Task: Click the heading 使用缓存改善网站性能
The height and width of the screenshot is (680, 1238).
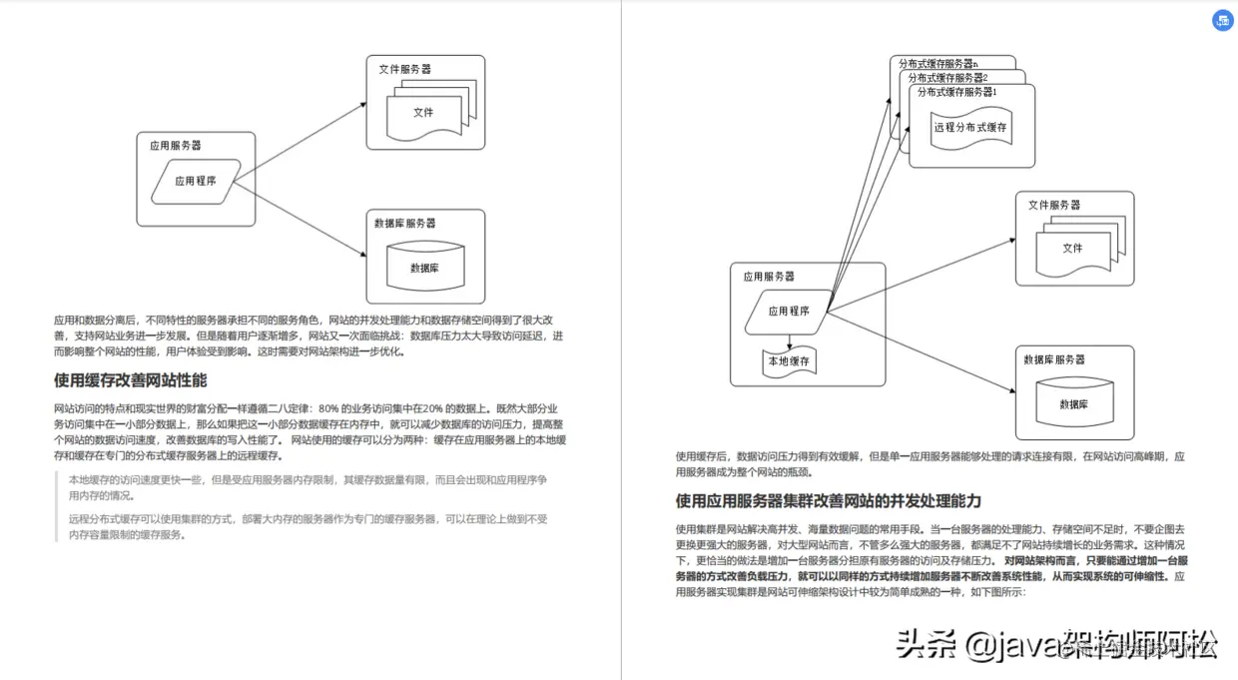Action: pos(130,380)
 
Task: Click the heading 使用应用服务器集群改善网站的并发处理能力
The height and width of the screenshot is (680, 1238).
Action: pos(829,500)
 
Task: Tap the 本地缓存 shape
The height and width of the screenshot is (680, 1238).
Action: pos(789,361)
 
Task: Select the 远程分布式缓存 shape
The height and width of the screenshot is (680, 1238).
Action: pos(970,128)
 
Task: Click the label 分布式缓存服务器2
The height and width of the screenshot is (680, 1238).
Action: pos(943,78)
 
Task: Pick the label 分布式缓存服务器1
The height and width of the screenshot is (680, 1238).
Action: pos(953,92)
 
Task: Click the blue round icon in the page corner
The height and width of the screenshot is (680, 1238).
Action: pos(1222,20)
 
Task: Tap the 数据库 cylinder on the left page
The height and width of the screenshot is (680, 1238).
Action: pos(424,268)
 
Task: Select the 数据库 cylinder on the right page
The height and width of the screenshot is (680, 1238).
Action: pos(1073,404)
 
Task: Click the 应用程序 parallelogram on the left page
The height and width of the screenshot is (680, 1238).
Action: pos(196,181)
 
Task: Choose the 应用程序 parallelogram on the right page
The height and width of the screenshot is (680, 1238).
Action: pos(789,311)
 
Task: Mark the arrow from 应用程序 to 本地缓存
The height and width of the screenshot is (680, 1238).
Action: pos(789,340)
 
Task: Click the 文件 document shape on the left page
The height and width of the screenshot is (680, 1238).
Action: pos(424,112)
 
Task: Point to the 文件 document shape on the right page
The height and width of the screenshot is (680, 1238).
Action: pos(1073,248)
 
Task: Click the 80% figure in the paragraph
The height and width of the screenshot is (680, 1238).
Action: pos(328,407)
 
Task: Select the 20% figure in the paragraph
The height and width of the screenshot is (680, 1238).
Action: pos(435,407)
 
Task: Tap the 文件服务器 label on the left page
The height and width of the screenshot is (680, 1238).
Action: pos(404,70)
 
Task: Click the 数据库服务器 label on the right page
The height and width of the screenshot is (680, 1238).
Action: pos(1053,359)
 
